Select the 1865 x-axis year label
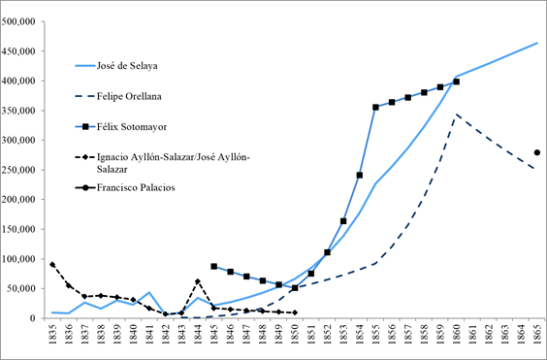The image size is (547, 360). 536,334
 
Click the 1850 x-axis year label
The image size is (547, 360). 294,334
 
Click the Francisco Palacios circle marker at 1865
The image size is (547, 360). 536,152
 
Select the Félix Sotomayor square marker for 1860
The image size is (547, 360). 456,82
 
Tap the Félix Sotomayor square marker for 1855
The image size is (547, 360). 375,108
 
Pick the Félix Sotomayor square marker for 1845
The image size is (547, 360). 213,266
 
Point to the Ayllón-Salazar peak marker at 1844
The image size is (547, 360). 197,281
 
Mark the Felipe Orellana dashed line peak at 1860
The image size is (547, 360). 456,115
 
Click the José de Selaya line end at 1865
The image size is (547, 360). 536,43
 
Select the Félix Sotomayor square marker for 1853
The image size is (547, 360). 342,221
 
